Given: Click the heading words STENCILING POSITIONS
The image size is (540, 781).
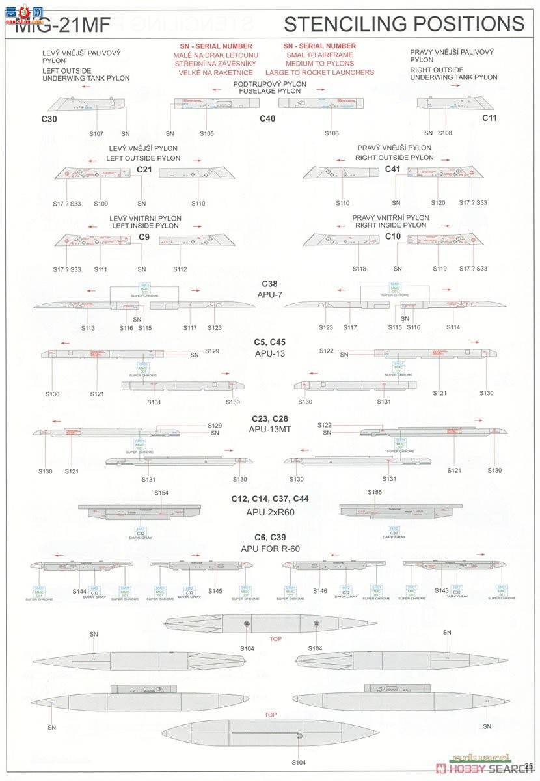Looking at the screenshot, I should click(x=403, y=23).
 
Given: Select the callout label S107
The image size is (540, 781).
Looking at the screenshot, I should click(x=96, y=133).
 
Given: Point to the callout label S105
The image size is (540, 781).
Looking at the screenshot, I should click(x=206, y=133).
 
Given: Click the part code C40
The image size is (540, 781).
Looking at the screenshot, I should click(x=267, y=118).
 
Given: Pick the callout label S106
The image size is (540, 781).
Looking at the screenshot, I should click(x=332, y=133).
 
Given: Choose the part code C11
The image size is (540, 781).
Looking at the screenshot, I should click(x=489, y=118).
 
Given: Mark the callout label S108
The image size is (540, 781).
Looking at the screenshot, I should click(x=445, y=133).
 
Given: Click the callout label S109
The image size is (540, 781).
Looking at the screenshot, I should click(x=101, y=204).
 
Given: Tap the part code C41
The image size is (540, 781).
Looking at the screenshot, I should click(x=392, y=169).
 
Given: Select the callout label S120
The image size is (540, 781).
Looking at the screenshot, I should click(x=438, y=204).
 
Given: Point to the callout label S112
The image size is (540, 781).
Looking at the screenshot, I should click(x=180, y=269).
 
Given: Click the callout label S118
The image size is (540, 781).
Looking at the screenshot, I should click(x=359, y=269).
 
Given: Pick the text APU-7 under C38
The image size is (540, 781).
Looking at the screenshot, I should click(x=269, y=294).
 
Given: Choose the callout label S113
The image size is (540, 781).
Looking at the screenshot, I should click(x=88, y=328).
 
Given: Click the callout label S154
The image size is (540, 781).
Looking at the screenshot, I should click(x=161, y=493).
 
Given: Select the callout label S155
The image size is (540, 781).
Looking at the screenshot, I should click(x=375, y=493).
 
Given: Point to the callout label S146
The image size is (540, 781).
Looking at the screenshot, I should click(x=319, y=591).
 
